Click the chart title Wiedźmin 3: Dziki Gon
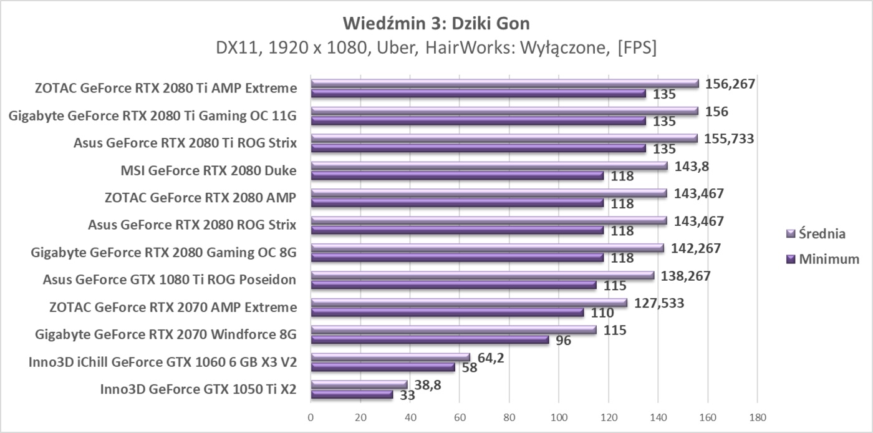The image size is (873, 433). [x=436, y=23]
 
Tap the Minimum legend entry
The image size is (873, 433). [x=828, y=259]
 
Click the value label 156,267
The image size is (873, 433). [x=730, y=84]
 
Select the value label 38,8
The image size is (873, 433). [x=428, y=386]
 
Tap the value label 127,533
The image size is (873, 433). [x=659, y=303]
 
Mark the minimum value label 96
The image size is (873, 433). [x=564, y=341]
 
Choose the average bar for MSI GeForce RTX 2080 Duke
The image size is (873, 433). [x=489, y=166]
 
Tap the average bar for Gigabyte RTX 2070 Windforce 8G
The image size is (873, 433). [x=453, y=330]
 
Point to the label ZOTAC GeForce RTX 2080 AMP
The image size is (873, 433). [x=201, y=198]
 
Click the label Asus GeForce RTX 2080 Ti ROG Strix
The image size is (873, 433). [x=185, y=143]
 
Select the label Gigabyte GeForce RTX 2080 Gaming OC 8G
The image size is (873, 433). [x=164, y=253]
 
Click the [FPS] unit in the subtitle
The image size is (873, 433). [x=636, y=48]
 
